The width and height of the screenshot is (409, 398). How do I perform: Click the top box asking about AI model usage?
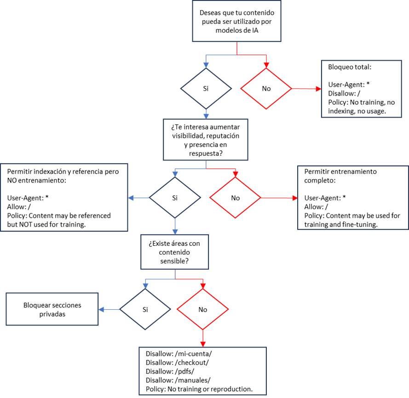click(236, 22)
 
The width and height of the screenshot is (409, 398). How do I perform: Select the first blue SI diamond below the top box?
click(206, 89)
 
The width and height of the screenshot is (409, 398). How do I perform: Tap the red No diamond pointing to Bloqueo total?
click(266, 89)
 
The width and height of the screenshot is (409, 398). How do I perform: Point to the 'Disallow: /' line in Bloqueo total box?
click(341, 93)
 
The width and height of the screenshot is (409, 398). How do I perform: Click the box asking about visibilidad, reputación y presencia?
click(205, 140)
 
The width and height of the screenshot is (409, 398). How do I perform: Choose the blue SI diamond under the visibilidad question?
click(175, 198)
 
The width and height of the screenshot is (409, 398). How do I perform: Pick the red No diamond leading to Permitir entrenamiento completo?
click(235, 198)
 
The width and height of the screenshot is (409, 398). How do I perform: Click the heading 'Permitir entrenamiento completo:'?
click(340, 176)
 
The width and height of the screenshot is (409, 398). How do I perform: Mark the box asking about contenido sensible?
click(175, 251)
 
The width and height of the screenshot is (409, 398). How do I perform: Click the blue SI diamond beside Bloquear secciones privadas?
click(145, 309)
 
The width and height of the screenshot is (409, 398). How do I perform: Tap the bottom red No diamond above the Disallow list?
click(202, 309)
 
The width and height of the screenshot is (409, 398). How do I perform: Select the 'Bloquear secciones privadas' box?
click(52, 309)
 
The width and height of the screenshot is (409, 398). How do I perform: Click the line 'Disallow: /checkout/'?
click(177, 363)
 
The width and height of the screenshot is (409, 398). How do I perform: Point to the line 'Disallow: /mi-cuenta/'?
click(179, 354)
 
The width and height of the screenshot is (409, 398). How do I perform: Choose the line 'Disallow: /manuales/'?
click(178, 380)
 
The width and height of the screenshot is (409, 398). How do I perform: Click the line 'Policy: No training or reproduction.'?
click(199, 389)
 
